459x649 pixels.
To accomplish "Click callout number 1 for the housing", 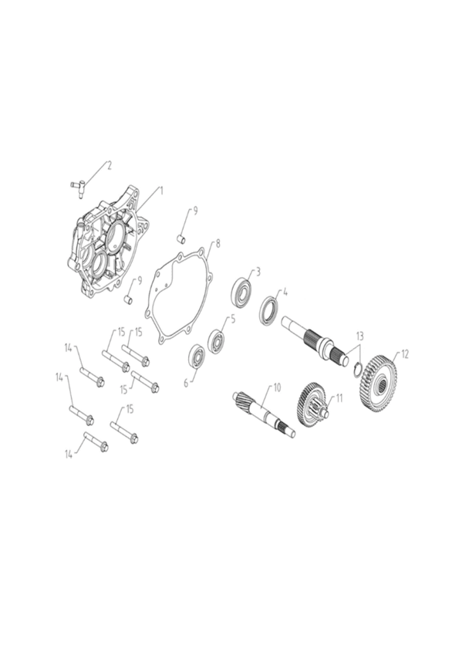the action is tap(161, 191).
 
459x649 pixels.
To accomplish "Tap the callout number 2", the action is tap(110, 166).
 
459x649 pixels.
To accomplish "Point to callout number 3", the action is tap(258, 272).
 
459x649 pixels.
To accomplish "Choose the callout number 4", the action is tap(285, 292).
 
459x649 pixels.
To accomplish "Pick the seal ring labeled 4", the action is tap(269, 310).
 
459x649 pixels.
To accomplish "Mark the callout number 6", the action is tap(186, 384).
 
